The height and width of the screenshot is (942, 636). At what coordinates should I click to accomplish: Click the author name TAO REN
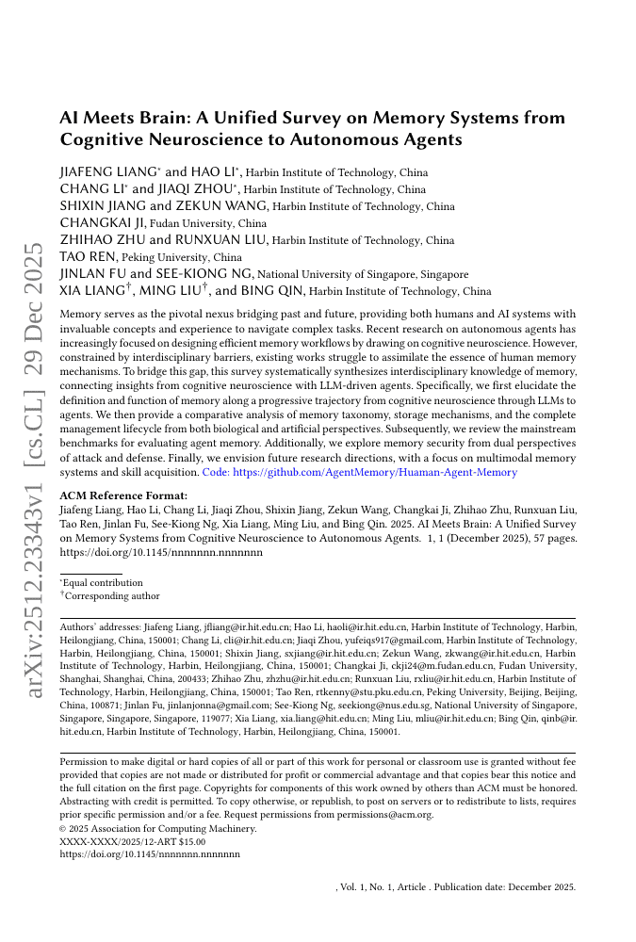click(89, 257)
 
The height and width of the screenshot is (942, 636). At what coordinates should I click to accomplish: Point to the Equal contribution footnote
click(101, 584)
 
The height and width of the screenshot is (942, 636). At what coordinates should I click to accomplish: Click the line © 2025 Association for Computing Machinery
click(157, 828)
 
